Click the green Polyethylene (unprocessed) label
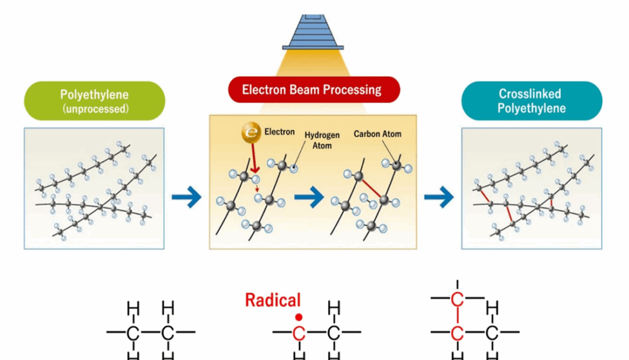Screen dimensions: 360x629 click(94, 102)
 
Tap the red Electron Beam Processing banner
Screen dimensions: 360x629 click(312, 90)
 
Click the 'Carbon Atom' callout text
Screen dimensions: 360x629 click(377, 134)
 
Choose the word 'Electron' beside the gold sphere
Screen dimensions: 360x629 click(280, 132)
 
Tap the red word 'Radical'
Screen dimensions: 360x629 click(273, 300)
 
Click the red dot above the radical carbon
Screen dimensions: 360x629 click(298, 317)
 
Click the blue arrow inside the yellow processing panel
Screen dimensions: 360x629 click(308, 197)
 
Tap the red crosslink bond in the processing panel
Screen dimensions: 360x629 click(369, 189)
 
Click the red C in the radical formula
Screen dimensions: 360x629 click(298, 333)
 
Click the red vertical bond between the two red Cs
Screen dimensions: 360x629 click(458, 316)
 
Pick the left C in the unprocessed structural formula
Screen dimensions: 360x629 click(133, 333)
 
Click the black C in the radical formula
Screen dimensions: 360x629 click(333, 333)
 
